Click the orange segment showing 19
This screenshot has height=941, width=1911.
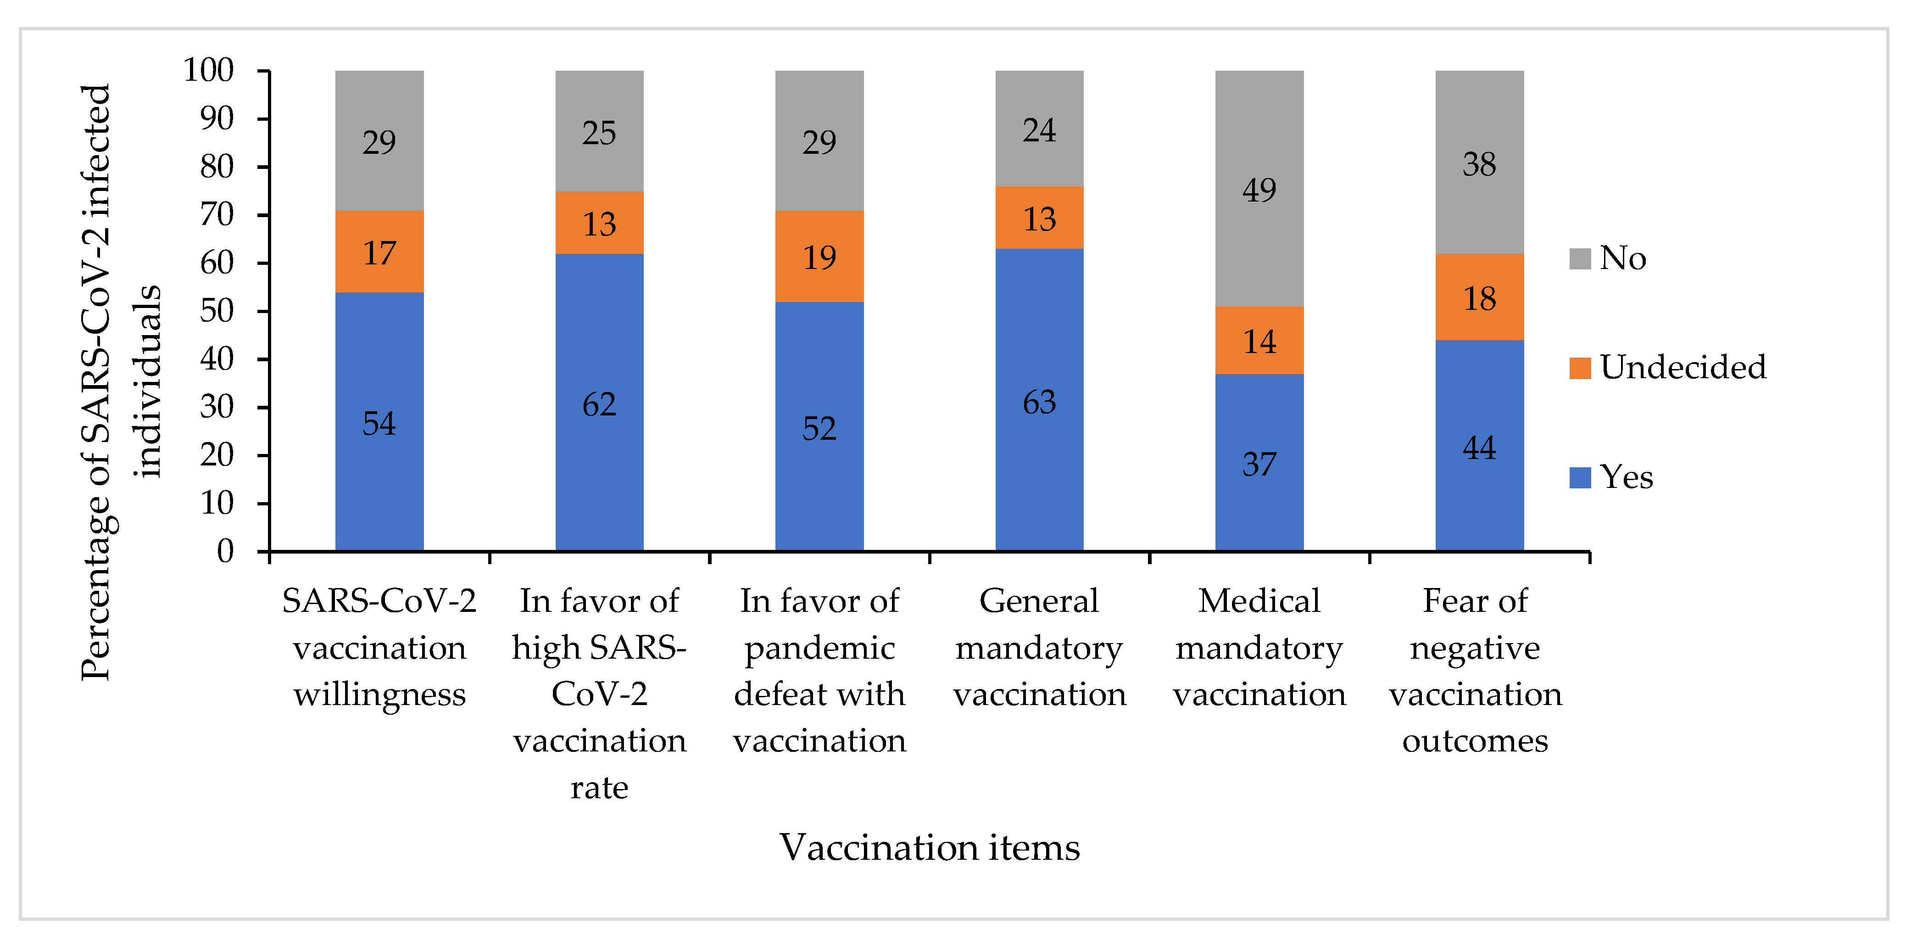click(819, 256)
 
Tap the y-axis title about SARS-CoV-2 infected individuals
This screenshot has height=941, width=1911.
click(119, 382)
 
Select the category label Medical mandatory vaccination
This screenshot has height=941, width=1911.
click(1259, 648)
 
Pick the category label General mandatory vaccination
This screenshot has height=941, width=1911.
click(1039, 648)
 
